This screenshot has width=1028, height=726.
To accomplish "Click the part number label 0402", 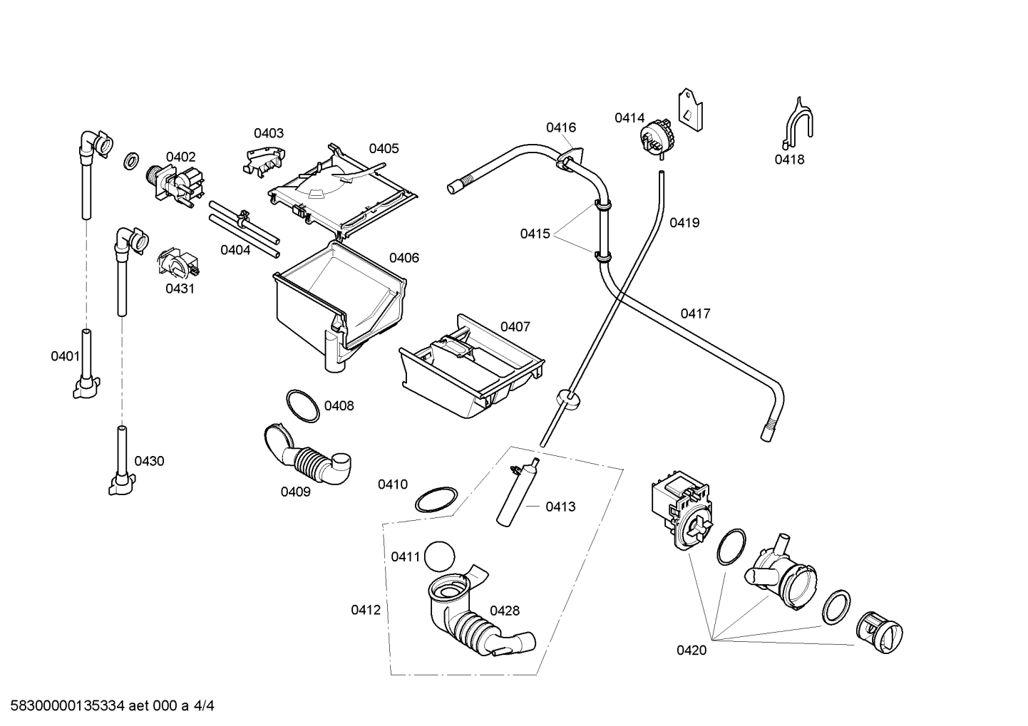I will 180,157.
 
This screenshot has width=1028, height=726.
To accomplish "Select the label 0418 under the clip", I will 789,160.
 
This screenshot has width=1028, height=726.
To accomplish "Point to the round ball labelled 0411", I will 439,556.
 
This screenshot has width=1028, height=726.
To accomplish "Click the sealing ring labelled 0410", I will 436,500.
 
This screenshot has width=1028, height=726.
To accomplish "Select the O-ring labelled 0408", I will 302,406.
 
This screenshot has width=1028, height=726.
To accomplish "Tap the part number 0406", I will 404,258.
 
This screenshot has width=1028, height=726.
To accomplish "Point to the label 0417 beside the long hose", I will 694,313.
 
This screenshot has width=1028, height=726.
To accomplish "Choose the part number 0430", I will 149,461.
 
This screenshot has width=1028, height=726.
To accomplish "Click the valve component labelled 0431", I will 178,264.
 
